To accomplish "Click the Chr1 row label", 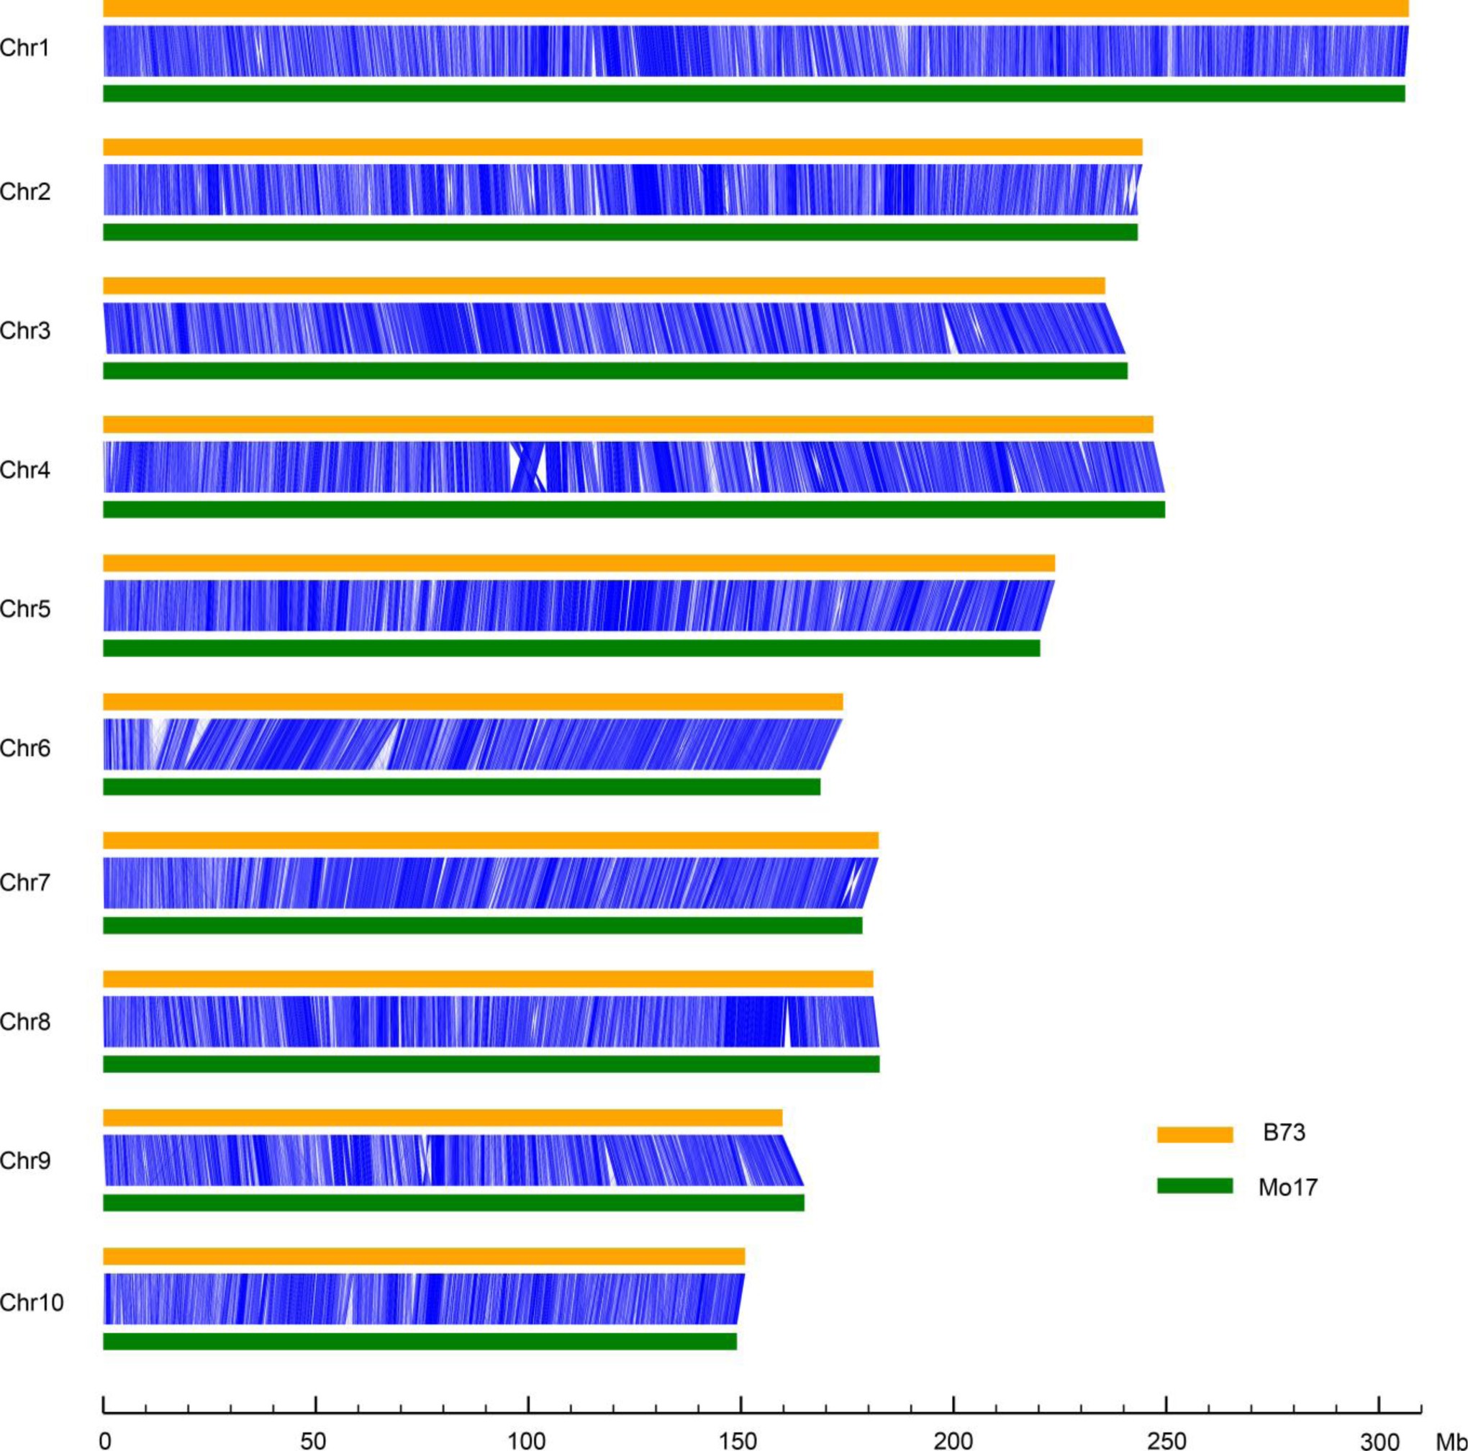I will point(24,49).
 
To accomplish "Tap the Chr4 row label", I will point(24,471).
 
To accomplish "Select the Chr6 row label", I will point(24,749).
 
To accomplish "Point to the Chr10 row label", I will point(31,1303).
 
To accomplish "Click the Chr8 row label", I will point(24,1022).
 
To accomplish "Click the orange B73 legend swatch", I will point(1195,1134).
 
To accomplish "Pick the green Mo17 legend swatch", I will point(1195,1185).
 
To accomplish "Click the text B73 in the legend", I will point(1284,1133).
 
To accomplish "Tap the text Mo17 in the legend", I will point(1287,1188).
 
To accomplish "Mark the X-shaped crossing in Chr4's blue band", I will point(529,466).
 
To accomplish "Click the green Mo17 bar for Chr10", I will point(420,1342).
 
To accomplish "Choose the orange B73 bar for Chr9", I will point(443,1117).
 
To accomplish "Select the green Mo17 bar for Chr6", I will point(461,787).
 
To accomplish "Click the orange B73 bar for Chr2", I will point(622,147).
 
